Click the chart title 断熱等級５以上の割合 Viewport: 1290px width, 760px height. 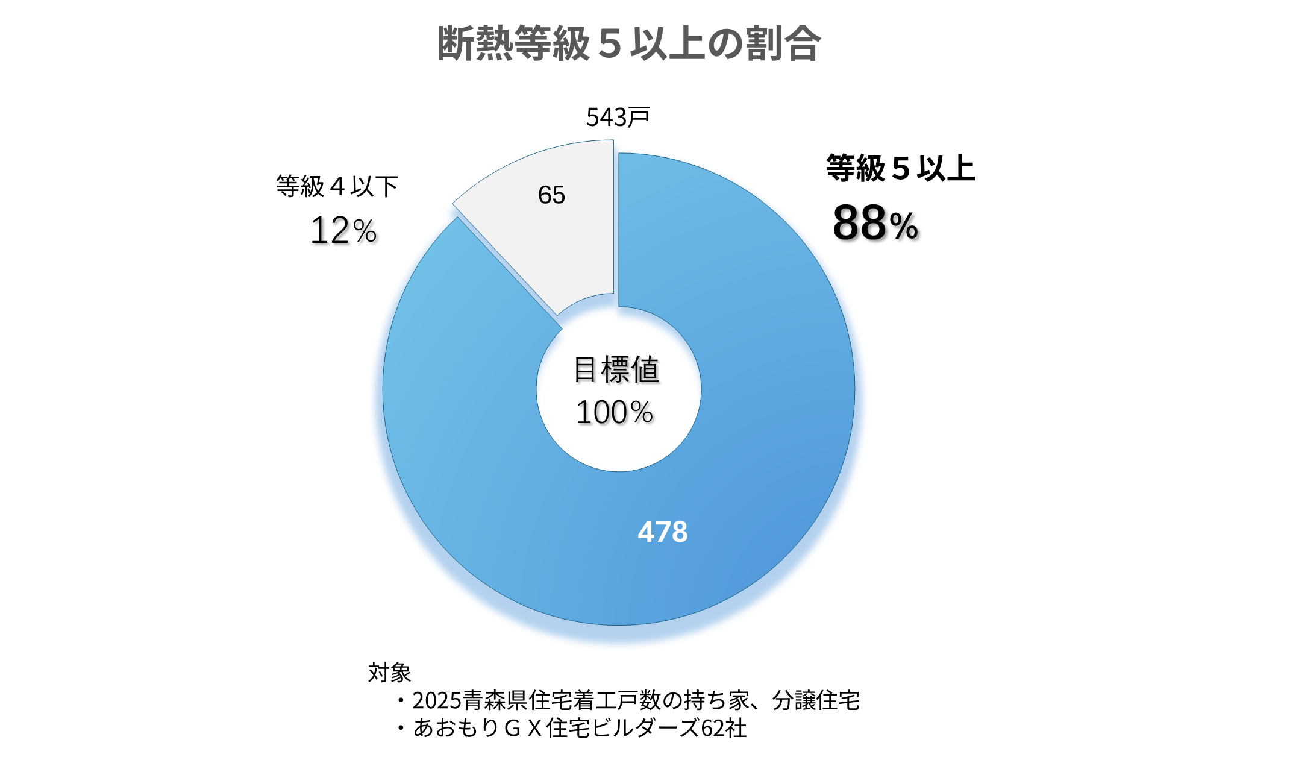628,43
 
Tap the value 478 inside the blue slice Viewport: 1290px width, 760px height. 663,532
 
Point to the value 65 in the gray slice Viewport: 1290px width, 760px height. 551,195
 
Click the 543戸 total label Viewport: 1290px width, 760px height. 618,117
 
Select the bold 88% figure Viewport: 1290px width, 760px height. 875,223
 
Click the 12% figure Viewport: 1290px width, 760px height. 343,230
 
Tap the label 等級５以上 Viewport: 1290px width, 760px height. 900,168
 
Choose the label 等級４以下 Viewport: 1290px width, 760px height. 337,186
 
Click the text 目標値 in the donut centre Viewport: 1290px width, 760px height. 616,369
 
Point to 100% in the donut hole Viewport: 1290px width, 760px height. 615,413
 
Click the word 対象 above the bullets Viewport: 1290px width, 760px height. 389,672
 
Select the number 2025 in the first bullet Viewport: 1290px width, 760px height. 437,700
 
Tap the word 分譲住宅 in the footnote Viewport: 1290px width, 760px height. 816,700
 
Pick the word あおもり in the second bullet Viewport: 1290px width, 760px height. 456,728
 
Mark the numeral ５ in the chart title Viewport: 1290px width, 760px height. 610,43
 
